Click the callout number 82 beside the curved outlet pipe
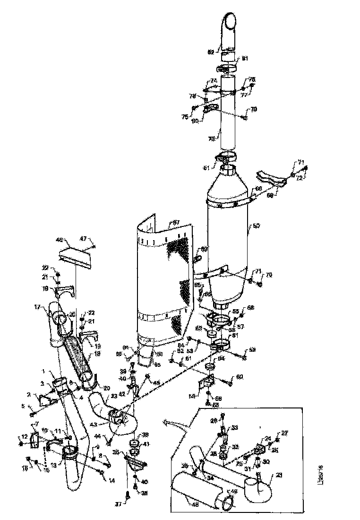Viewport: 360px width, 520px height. [x=211, y=52]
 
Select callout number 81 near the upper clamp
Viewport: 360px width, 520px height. [x=245, y=59]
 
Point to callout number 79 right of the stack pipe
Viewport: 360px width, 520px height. [x=254, y=109]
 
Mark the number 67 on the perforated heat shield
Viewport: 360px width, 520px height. [x=176, y=222]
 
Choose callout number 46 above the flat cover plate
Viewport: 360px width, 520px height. [x=60, y=241]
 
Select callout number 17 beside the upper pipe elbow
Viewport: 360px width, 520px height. [x=50, y=306]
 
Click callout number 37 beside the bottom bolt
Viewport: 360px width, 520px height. [x=118, y=504]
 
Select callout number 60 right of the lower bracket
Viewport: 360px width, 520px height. [x=240, y=376]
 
